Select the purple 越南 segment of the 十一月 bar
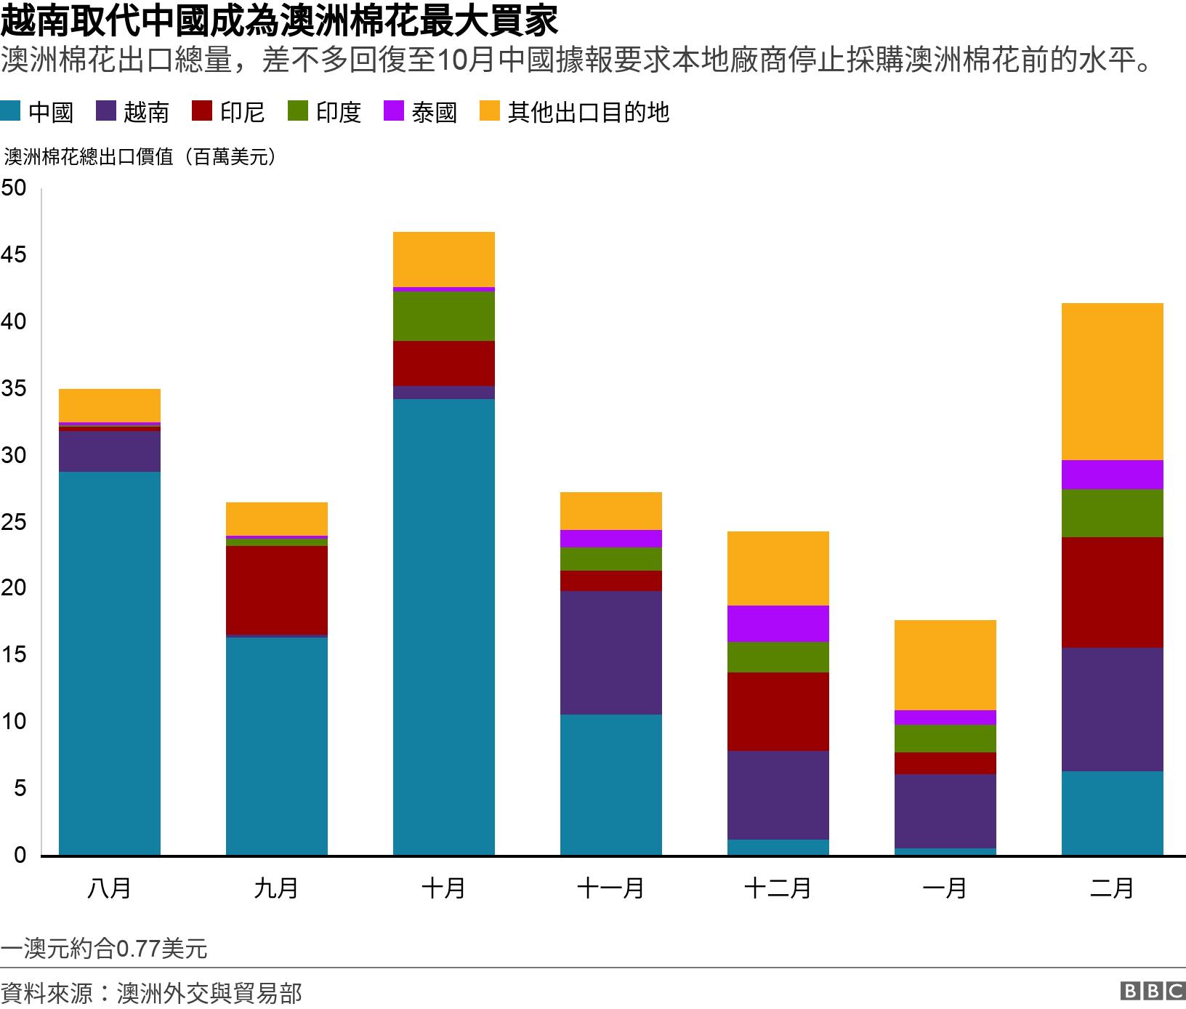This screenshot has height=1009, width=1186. pos(610,652)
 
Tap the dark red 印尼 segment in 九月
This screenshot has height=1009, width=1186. pos(276,590)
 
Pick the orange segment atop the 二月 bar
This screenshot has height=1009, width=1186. pos(1112,381)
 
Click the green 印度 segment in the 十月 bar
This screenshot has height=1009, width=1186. pos(443,315)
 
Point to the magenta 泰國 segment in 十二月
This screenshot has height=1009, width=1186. pos(778,623)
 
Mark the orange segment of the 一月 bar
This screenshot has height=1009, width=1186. pos(945,664)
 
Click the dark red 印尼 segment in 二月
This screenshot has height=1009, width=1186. pos(1112,592)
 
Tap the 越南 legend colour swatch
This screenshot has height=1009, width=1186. pos(106,111)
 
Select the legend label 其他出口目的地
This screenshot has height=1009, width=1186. pos(588,112)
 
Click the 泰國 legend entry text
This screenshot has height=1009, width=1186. pos(434,112)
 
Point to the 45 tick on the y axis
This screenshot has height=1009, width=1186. pos(14,255)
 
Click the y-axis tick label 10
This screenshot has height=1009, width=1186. pos(14,722)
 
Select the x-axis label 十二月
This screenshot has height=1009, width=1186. pos(778,888)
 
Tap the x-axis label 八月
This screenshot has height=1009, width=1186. pos(109,888)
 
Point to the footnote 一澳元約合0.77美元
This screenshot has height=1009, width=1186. pos(104,949)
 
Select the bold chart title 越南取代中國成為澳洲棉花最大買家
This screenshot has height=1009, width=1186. pos(279,22)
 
